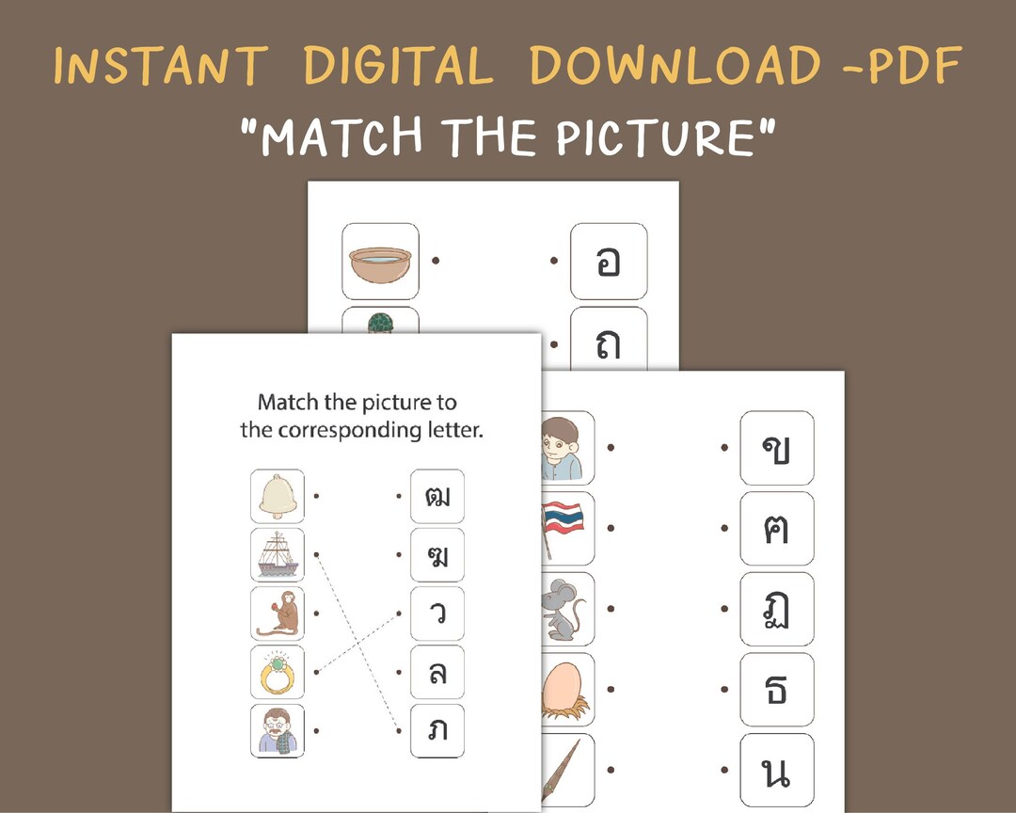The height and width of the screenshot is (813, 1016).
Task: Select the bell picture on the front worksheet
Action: coord(278,496)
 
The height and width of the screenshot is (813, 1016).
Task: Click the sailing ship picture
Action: coord(278,555)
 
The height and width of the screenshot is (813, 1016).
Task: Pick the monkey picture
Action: coord(278,614)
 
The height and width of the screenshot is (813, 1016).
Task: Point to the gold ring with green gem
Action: coord(278,672)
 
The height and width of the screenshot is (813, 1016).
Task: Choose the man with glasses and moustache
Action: coord(278,730)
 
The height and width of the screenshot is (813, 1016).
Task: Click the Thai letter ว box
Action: coord(437,614)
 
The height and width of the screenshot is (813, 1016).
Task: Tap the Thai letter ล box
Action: coord(437,672)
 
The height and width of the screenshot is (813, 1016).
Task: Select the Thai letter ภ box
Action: coord(437,730)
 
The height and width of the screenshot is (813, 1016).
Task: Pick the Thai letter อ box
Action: coord(609,261)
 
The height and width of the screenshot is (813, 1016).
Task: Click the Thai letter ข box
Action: coord(776,448)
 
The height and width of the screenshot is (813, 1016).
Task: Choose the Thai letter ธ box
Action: coord(776,690)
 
